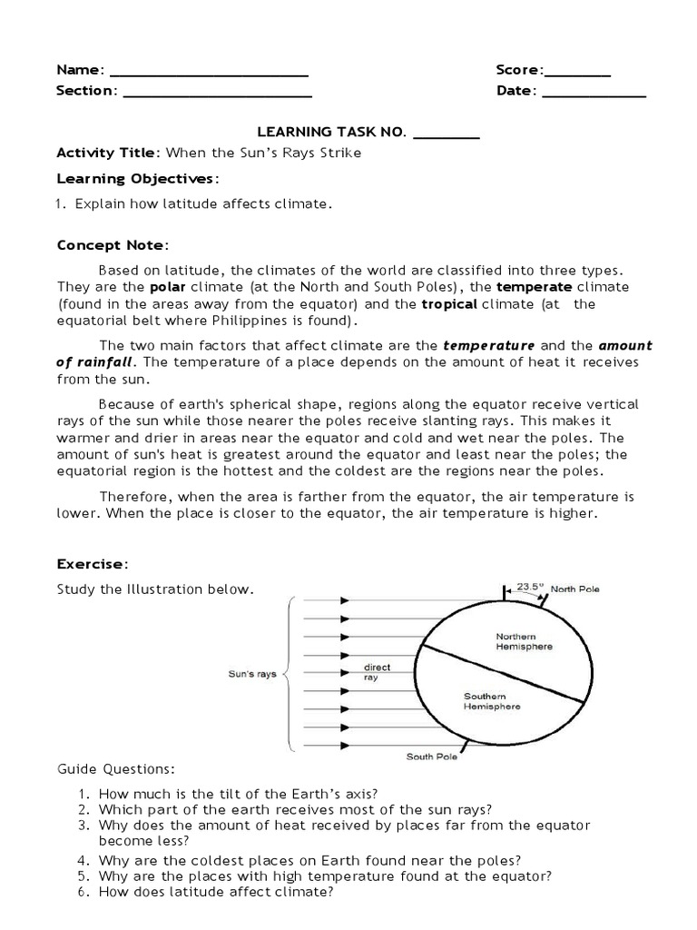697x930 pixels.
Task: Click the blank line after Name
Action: coord(209,73)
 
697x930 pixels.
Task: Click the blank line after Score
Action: coord(577,73)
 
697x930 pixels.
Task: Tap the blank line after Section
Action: coord(217,93)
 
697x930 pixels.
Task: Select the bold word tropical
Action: coord(449,304)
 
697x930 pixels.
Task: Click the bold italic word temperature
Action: coord(488,345)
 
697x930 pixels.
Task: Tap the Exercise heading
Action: coord(91,563)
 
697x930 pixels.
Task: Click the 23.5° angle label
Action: coord(530,587)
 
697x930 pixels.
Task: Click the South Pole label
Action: coord(431,756)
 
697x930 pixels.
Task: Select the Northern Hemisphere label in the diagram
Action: coord(524,641)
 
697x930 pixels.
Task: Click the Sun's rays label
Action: coord(251,674)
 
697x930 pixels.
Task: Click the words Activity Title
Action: coord(107,153)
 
